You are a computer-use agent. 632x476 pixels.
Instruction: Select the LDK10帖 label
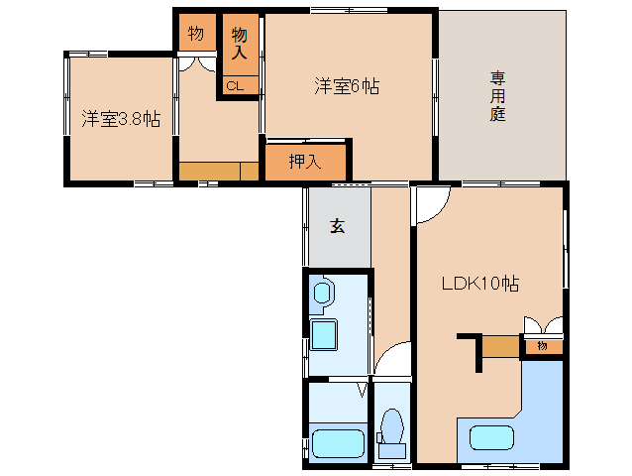click(479, 284)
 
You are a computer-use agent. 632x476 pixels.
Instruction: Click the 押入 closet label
click(304, 163)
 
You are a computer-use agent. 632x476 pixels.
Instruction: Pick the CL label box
click(234, 86)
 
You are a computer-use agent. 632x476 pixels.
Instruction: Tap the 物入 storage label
click(239, 46)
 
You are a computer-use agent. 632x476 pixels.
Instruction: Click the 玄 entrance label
click(337, 226)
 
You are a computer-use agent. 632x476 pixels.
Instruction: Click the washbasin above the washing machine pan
click(322, 294)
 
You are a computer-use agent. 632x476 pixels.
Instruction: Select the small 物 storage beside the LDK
click(542, 346)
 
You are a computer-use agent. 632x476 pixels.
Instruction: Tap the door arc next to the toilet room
click(393, 359)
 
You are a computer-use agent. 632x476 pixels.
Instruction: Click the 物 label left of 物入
click(196, 34)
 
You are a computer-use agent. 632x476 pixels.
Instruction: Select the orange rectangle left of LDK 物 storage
click(500, 347)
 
